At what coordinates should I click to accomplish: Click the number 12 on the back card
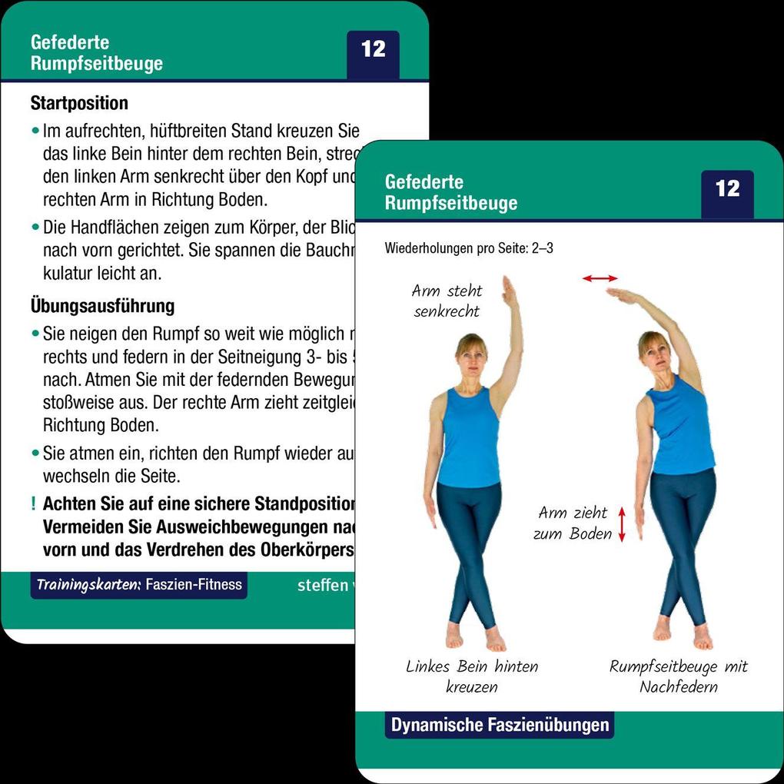373,50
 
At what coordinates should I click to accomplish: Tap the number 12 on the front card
727,189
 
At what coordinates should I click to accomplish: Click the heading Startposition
79,102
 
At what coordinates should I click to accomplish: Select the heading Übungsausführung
102,306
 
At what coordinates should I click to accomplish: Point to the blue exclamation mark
34,505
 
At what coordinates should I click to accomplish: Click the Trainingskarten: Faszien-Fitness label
139,585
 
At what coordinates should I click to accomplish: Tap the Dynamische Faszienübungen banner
500,725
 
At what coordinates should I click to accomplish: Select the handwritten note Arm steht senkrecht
447,301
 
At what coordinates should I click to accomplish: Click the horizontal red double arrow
600,278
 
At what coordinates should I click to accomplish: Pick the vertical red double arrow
622,524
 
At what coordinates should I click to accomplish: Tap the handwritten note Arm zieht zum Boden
572,523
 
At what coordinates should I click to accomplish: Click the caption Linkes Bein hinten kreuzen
472,676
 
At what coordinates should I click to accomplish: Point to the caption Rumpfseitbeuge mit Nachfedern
679,676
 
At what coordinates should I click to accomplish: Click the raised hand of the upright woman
509,293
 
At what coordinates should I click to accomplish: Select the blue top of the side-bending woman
681,427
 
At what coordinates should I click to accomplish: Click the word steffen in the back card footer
322,586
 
